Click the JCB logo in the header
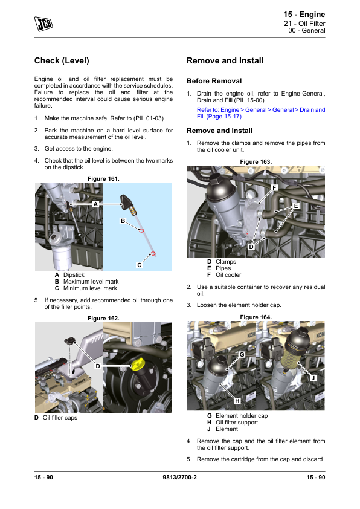pos(43,24)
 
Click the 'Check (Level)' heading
pos(62,60)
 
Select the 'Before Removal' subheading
pos(214,81)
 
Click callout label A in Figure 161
pos(95,204)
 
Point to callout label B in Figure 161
pos(123,221)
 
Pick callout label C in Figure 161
pos(139,265)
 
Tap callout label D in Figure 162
pos(98,366)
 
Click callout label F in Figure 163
pos(274,187)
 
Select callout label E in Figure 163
pos(296,206)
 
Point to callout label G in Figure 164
pos(242,354)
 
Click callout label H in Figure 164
pos(237,401)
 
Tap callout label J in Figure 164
pos(313,378)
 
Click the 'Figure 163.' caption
pos(256,161)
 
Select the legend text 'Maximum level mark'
pos(91,282)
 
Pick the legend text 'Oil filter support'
pos(237,423)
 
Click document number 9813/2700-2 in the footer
pos(179,477)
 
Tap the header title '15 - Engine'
pos(304,15)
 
